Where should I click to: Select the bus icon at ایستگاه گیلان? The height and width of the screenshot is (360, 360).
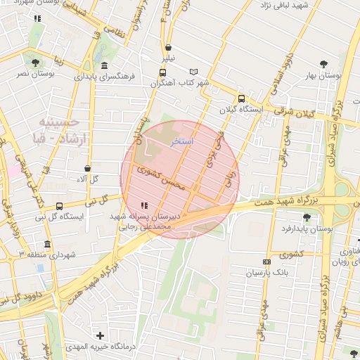(242, 99)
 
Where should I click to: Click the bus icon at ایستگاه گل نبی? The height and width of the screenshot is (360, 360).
(59, 207)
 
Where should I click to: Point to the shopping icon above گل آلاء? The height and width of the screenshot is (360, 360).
(87, 169)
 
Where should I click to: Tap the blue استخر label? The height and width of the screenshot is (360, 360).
(182, 141)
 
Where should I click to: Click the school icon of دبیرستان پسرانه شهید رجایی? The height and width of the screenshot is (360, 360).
(144, 206)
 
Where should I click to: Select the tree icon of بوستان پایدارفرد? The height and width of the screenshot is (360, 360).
(306, 217)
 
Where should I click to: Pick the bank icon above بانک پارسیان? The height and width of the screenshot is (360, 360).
(266, 262)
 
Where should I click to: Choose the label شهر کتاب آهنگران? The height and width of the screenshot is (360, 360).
(179, 83)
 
